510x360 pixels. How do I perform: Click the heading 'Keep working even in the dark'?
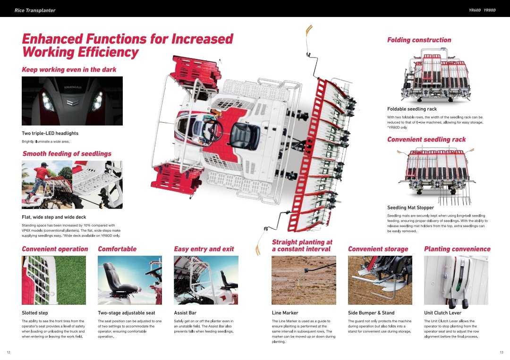[69, 70]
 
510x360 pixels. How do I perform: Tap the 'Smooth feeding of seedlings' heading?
[67, 154]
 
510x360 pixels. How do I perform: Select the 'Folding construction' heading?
[419, 40]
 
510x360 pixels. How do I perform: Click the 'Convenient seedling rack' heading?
[426, 140]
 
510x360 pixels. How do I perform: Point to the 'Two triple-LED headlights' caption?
[50, 134]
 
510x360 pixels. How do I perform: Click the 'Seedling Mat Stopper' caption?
[410, 208]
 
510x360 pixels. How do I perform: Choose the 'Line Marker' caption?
[285, 313]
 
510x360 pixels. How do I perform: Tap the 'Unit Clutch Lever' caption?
[442, 313]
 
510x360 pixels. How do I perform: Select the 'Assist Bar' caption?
[185, 313]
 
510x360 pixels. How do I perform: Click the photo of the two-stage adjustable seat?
[130, 280]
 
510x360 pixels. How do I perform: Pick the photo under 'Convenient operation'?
[54, 280]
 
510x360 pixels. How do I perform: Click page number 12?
[8, 352]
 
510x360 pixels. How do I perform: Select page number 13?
[501, 352]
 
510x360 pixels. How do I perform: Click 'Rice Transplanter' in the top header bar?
[34, 10]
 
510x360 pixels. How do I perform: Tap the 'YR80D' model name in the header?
[490, 10]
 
